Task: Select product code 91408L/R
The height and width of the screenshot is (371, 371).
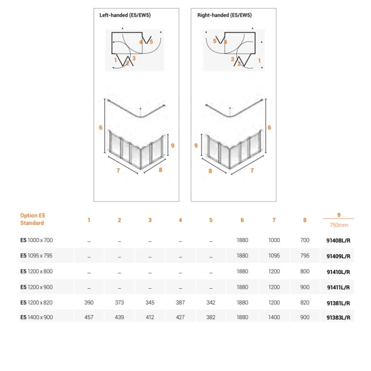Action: click(338, 241)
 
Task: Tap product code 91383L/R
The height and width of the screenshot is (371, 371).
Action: click(338, 317)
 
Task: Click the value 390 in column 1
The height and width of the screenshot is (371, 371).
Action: click(88, 303)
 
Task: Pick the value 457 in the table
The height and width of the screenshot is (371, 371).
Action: click(88, 317)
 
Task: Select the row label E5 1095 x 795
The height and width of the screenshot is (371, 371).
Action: click(37, 256)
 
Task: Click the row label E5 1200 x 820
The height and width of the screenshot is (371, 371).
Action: click(37, 303)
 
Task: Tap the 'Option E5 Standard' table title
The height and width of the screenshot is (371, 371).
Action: click(33, 219)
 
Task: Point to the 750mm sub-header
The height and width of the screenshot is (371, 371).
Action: click(338, 224)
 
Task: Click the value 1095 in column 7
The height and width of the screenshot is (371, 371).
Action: click(274, 256)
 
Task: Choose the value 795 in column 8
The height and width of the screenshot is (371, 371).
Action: click(305, 256)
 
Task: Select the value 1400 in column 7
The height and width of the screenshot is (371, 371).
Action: click(274, 317)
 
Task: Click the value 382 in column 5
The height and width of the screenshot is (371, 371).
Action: click(211, 317)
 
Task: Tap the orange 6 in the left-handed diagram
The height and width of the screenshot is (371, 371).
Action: click(100, 127)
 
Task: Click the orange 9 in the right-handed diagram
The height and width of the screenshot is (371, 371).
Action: click(196, 146)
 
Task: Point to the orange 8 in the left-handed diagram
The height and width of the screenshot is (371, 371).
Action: click(161, 170)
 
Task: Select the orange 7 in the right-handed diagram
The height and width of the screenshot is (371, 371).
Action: click(252, 170)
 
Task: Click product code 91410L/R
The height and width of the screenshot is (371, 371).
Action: click(338, 272)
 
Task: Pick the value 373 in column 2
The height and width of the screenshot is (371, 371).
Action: click(119, 303)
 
